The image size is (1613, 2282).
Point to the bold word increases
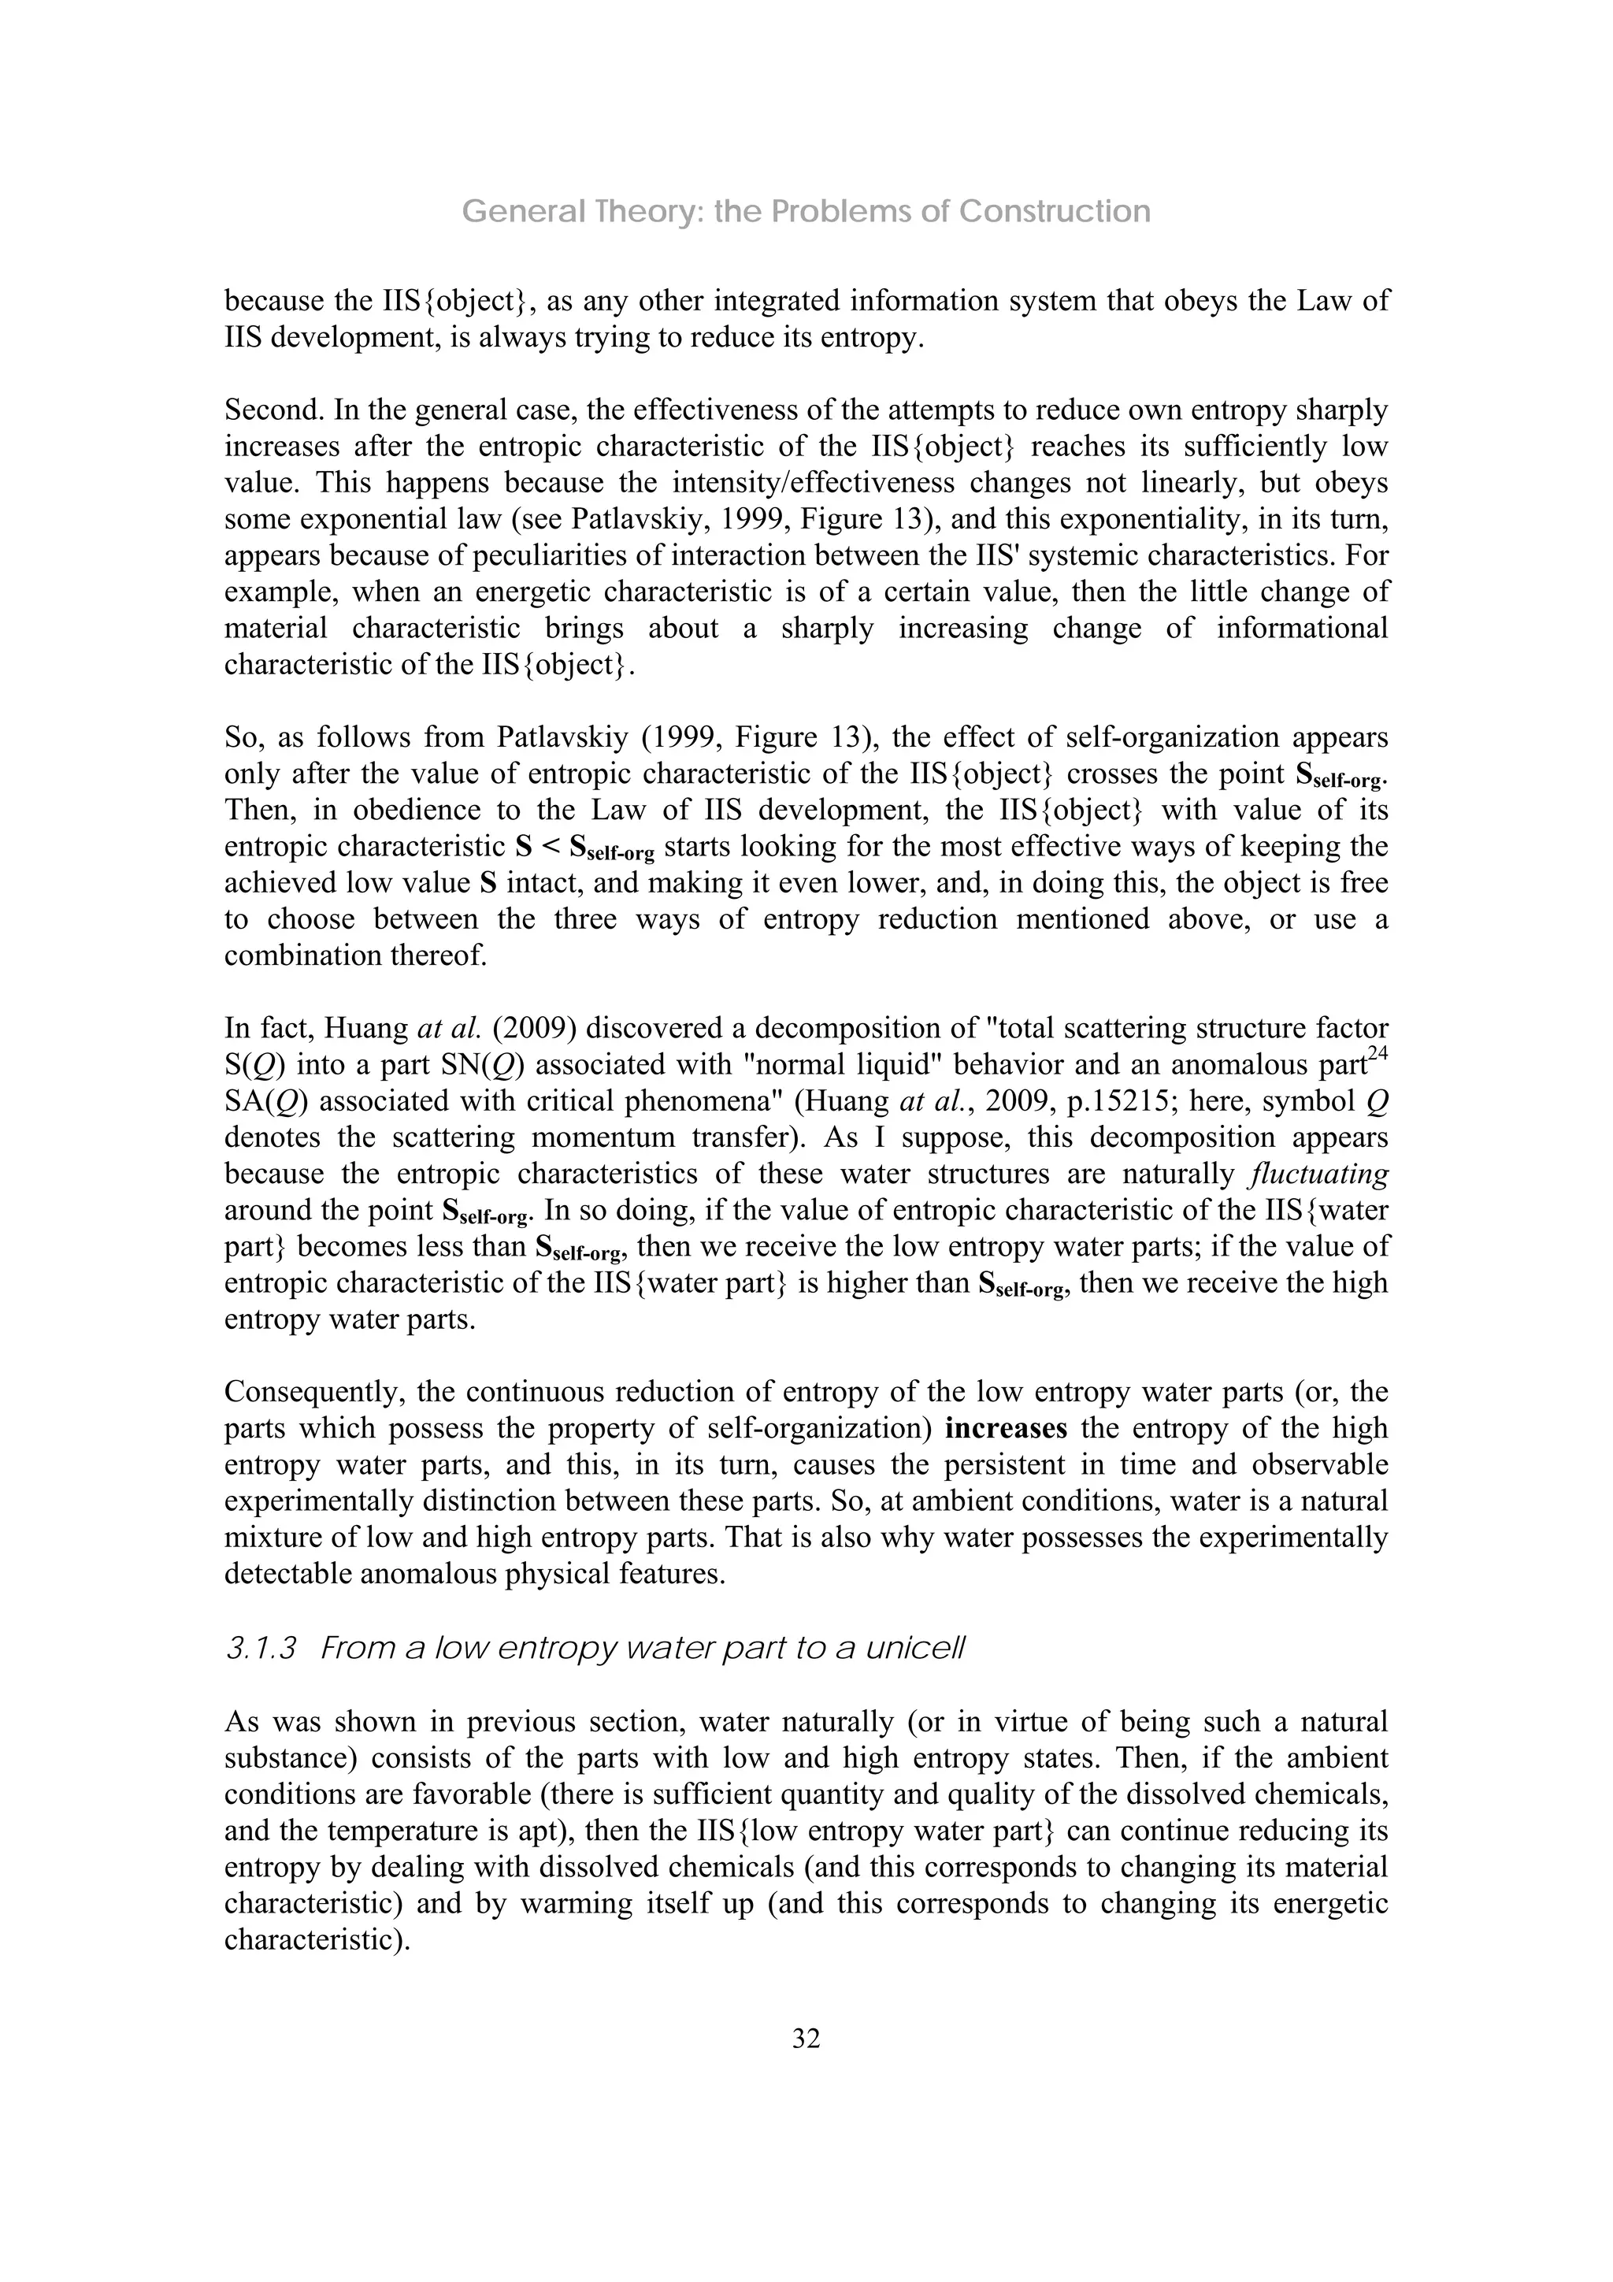1006,1428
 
